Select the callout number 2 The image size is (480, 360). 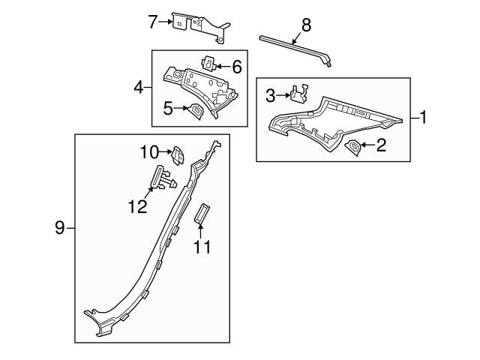coord(381,145)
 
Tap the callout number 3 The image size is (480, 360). coord(271,94)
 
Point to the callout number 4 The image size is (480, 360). coord(138,88)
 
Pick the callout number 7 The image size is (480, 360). coord(153,22)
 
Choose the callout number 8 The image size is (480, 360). coord(305,24)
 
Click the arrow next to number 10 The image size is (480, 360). coord(166,152)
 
